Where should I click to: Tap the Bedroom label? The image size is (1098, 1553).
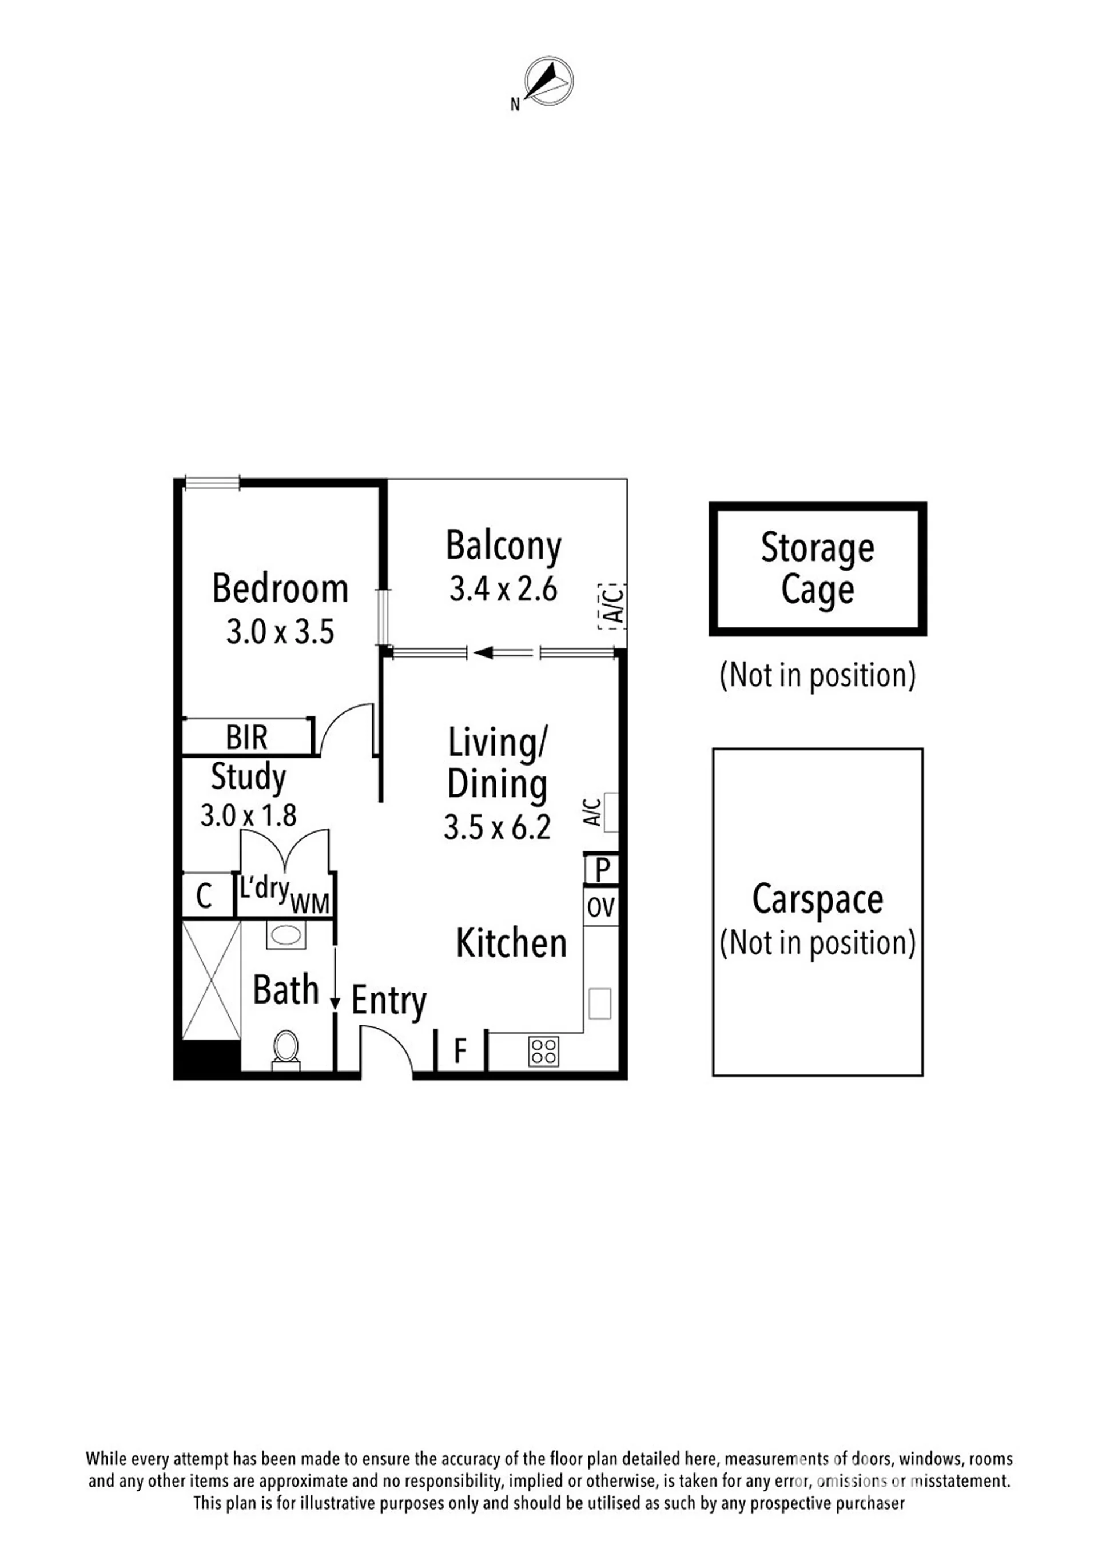(x=280, y=588)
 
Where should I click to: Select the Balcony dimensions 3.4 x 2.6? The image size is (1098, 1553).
(x=503, y=588)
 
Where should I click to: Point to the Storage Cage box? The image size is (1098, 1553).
(x=817, y=569)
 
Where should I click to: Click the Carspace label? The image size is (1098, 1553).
(x=817, y=899)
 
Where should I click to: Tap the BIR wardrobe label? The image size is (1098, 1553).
(x=247, y=737)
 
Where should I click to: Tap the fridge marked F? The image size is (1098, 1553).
(x=460, y=1051)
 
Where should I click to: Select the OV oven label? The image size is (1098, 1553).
(x=600, y=907)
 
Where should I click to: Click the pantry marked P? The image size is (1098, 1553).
(x=602, y=869)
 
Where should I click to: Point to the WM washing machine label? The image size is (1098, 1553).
(x=310, y=903)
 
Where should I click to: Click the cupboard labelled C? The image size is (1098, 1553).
(x=204, y=896)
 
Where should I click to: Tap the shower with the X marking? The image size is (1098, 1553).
(x=212, y=981)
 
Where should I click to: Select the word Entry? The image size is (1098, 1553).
(x=389, y=1001)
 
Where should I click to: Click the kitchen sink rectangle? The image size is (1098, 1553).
(x=600, y=1003)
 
